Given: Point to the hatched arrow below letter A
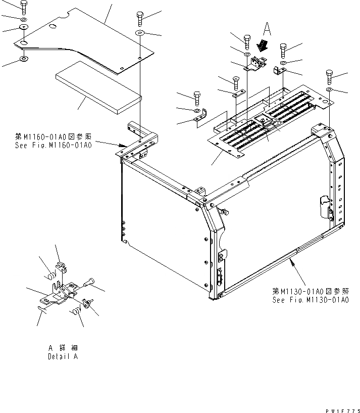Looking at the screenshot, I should coord(262,46).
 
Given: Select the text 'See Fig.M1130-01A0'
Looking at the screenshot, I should coord(310,300).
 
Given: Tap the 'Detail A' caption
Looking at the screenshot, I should coord(63,356).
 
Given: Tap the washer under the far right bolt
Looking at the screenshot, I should coord(329,89).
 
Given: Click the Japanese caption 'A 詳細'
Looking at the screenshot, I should coord(63,348).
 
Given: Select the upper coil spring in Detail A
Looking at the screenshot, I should coord(50,276).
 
